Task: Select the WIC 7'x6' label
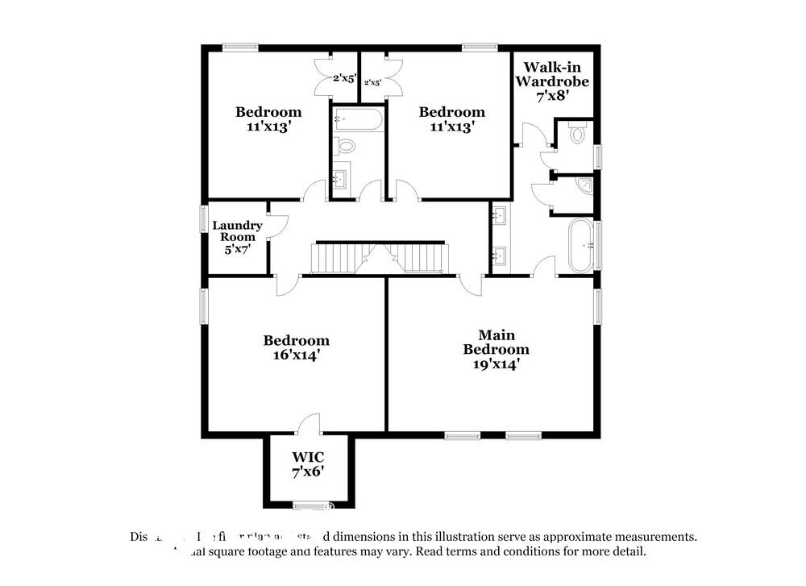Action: [x=308, y=463]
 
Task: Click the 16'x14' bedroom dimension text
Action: [x=297, y=355]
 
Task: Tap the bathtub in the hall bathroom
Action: [x=358, y=122]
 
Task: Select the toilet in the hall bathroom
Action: [x=346, y=147]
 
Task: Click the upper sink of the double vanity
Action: [x=500, y=215]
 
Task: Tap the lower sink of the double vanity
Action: [x=500, y=256]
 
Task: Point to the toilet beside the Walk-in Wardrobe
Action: [x=576, y=134]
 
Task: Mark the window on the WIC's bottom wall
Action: [x=307, y=506]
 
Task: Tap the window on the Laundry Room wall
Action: [x=204, y=220]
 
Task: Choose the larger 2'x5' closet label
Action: [x=346, y=79]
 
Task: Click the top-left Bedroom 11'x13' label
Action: [x=268, y=118]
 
